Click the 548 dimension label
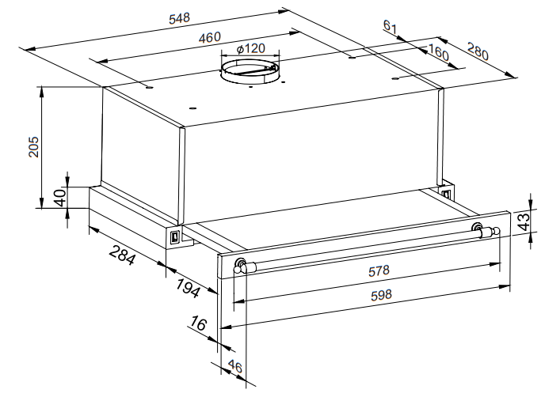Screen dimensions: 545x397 (x=180, y=18)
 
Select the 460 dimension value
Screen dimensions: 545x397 (x=210, y=37)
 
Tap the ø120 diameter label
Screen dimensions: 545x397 (x=251, y=48)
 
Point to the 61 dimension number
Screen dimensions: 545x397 (x=390, y=26)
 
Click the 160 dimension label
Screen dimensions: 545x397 (x=438, y=51)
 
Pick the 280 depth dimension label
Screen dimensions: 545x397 (x=478, y=51)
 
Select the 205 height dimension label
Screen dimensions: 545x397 (x=34, y=146)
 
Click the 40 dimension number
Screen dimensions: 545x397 (x=60, y=198)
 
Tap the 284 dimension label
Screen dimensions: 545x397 (x=122, y=255)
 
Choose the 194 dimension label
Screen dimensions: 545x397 (x=188, y=288)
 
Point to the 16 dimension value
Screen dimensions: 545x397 (x=198, y=323)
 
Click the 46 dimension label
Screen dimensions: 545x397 (x=235, y=366)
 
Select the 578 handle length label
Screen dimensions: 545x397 (x=379, y=270)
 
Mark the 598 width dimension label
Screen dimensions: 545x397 (x=381, y=295)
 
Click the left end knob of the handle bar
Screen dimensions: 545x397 (x=239, y=265)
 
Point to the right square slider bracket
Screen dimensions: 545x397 (x=445, y=191)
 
